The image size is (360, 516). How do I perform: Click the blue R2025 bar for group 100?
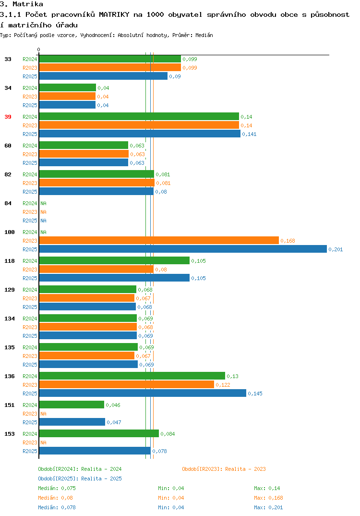tap(183, 249)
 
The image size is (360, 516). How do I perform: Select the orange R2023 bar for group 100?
tap(159, 241)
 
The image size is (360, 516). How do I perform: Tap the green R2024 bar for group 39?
tap(139, 116)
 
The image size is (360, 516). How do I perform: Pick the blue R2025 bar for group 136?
tap(143, 393)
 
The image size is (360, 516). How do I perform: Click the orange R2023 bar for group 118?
tap(96, 270)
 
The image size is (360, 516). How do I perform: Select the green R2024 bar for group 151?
tap(72, 405)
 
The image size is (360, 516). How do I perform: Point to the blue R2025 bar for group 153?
tap(95, 451)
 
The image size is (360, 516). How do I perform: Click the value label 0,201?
tap(336, 249)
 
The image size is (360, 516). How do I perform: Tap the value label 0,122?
tap(223, 385)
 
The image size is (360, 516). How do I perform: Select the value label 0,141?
tap(249, 134)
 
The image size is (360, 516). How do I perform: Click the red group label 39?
tap(8, 117)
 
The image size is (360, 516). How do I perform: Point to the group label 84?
tap(8, 203)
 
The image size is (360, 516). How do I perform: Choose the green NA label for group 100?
tap(43, 233)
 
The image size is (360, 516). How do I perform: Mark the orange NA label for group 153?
tap(43, 442)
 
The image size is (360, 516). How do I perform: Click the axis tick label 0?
tap(38, 49)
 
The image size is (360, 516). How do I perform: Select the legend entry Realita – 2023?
tap(224, 469)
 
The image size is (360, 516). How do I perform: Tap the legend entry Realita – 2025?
tap(80, 479)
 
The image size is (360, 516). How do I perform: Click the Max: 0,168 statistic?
tap(268, 498)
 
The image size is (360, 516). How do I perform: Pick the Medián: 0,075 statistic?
tap(57, 488)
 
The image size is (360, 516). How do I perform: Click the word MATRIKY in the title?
tap(114, 14)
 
